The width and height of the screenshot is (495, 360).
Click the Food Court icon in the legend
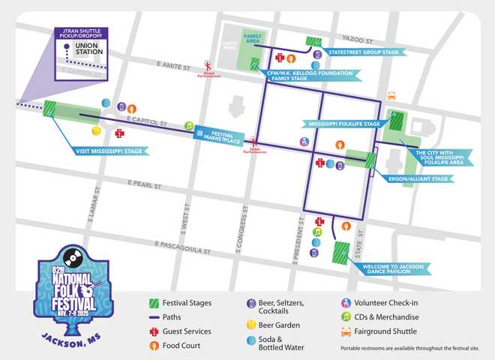tap(154, 346)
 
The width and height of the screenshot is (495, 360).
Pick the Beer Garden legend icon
tap(251, 325)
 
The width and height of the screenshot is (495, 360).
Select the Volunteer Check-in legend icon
tap(346, 303)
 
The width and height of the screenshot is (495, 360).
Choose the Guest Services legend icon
tap(154, 331)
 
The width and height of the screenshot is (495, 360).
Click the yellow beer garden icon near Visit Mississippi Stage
tap(96, 131)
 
